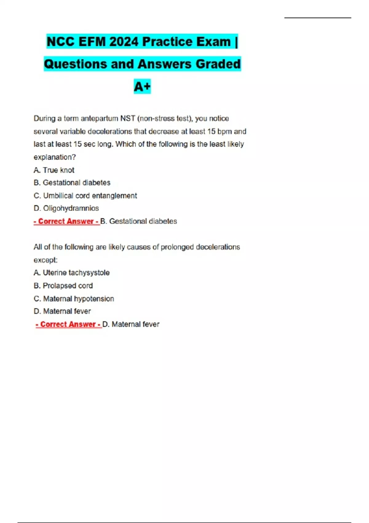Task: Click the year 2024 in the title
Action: [x=124, y=42]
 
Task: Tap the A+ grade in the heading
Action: [x=142, y=86]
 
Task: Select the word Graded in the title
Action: [x=218, y=64]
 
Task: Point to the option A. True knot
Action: [x=54, y=170]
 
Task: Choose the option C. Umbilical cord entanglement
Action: [x=85, y=196]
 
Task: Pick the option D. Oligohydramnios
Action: [x=66, y=208]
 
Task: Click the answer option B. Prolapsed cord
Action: [x=63, y=285]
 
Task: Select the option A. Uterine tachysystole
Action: [x=72, y=273]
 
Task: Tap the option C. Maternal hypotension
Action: [x=74, y=298]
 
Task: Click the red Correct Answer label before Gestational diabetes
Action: [x=66, y=221]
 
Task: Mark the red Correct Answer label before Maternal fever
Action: [x=69, y=324]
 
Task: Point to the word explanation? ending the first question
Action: [x=55, y=157]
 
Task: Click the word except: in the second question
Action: [x=46, y=260]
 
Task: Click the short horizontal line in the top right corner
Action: [x=318, y=18]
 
